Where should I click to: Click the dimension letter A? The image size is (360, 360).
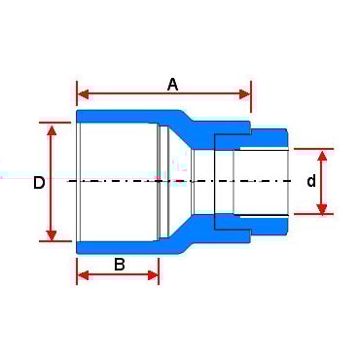tap(172, 84)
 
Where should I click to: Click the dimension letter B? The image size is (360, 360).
tap(118, 263)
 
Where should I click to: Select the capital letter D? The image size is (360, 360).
tap(39, 182)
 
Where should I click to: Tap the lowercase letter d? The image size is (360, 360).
tap(311, 181)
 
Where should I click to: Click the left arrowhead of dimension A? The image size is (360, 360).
tap(83, 94)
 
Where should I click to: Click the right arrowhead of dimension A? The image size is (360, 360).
tap(245, 94)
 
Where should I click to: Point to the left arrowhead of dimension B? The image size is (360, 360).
tap(83, 275)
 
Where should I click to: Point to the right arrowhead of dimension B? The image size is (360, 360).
tap(153, 275)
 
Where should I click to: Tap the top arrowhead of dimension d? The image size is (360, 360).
tap(323, 155)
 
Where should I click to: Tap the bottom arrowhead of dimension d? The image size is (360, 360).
tap(323, 207)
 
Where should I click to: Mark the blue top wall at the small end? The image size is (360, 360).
tap(268, 134)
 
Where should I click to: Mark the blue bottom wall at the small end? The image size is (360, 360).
tap(268, 228)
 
